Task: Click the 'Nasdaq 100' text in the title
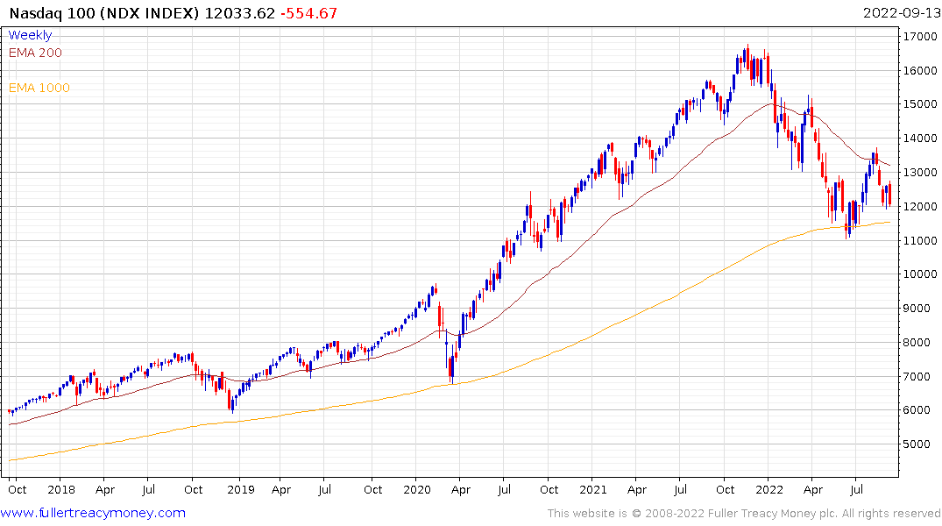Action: (49, 13)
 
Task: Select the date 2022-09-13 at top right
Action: (900, 13)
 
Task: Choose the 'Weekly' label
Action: (30, 35)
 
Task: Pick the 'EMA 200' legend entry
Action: (35, 53)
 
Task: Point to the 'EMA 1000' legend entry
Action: (39, 88)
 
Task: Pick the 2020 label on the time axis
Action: (415, 490)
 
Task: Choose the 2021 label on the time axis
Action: (593, 490)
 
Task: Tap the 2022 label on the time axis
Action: (770, 490)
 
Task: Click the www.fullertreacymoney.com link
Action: (94, 513)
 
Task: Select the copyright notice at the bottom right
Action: (744, 514)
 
